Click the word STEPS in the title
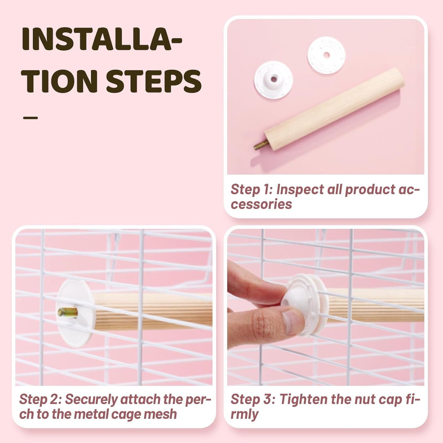click(x=154, y=81)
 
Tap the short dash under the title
click(x=30, y=118)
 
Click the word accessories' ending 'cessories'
click(x=262, y=204)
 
